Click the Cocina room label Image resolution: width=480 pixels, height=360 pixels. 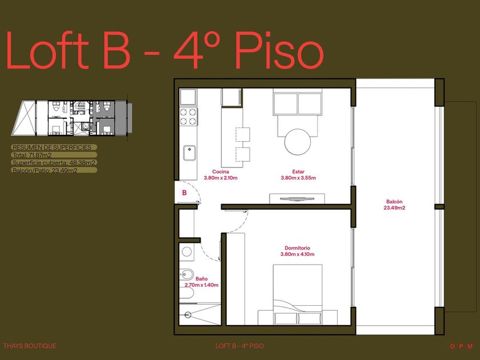(221, 172)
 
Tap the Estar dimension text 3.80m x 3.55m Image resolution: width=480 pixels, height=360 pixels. (298, 178)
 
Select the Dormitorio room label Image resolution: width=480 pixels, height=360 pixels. (297, 248)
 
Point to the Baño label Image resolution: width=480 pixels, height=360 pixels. (201, 279)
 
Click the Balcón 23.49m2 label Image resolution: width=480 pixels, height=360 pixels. (394, 205)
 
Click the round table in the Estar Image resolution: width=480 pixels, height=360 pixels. (298, 142)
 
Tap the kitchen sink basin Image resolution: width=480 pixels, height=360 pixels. (190, 153)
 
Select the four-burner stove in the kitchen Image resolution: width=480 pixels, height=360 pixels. (188, 117)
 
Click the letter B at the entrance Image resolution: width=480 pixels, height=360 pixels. (184, 193)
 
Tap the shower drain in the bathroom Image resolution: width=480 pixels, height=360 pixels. (187, 314)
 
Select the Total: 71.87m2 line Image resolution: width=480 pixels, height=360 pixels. (32, 155)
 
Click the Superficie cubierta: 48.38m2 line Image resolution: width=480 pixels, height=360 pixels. (54, 163)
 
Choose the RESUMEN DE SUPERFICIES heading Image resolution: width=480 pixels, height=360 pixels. (52, 147)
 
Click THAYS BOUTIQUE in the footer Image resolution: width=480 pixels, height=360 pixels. (30, 346)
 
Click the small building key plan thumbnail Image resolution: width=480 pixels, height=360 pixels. (72, 118)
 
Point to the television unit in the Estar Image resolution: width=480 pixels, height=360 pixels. (297, 199)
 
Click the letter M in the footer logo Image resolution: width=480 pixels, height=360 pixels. (470, 346)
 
